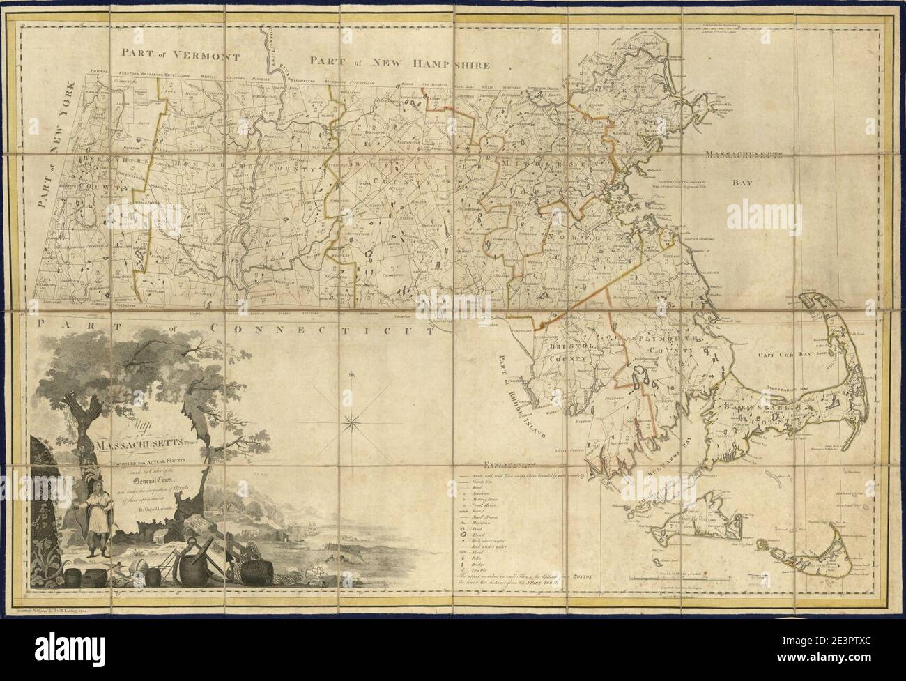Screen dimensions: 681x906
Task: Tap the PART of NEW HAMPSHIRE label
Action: [401, 64]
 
